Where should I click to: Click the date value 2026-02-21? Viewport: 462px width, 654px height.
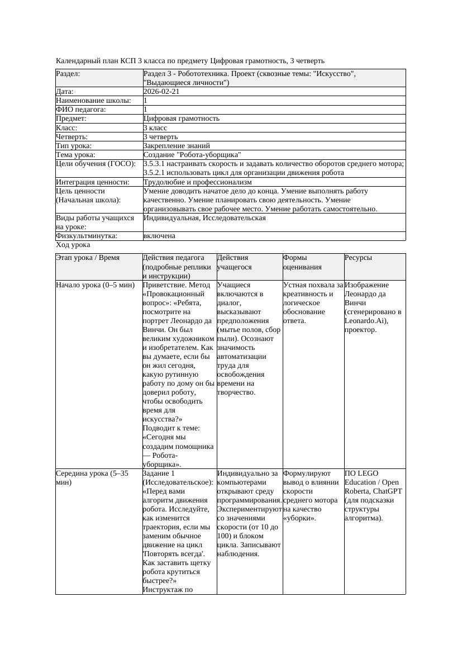(161, 92)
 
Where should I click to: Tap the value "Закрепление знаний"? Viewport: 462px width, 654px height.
(174, 145)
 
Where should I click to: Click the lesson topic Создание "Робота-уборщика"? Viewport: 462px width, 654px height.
(192, 154)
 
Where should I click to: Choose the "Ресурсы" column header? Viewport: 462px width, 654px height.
(358, 258)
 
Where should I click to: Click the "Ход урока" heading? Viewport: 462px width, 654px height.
(73, 245)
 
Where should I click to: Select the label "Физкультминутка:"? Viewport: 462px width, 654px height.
(87, 236)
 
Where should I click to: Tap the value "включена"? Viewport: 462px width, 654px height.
(159, 236)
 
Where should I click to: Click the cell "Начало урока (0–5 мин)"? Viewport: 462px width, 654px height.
(96, 285)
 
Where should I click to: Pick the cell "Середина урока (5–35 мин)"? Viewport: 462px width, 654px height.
(92, 477)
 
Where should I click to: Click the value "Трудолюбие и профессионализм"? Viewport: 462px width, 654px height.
(197, 182)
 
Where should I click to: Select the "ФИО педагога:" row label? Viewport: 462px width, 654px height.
(81, 110)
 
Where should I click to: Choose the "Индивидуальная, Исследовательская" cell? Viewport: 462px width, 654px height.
(204, 218)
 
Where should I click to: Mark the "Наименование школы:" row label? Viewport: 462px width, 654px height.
(93, 101)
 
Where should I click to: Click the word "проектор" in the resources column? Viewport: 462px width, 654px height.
(361, 330)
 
